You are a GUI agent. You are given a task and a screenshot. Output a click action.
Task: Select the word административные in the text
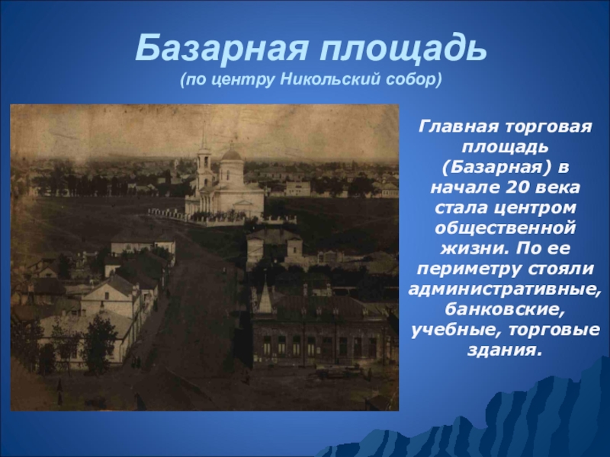(x=504, y=289)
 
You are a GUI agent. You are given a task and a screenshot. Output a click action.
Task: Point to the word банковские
(x=504, y=309)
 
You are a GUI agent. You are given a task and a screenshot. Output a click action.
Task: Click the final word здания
(x=504, y=350)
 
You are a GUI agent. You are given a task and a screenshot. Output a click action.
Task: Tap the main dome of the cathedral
(x=231, y=156)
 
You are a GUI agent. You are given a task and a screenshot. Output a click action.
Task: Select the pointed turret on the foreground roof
(x=265, y=298)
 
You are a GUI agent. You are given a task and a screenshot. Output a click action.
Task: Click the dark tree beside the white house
(x=99, y=343)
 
